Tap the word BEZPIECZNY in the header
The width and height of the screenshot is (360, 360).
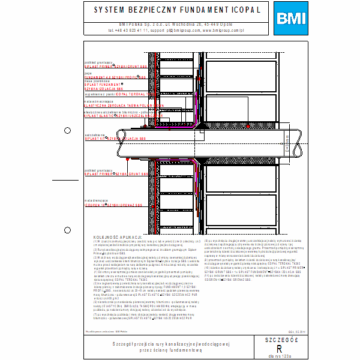click(137, 11)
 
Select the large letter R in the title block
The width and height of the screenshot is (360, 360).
click(278, 348)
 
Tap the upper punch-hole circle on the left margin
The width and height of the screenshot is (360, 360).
click(67, 130)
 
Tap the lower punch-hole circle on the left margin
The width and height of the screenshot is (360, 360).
click(67, 229)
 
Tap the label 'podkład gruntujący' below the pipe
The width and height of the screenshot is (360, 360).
click(96, 171)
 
